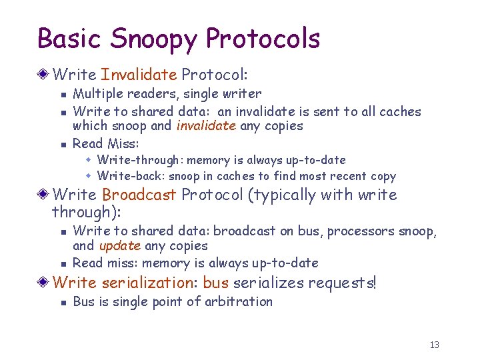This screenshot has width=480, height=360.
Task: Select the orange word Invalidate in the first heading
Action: pos(139,73)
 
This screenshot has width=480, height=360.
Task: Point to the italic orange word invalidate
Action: pos(206,126)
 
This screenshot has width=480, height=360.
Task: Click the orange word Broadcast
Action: pos(139,195)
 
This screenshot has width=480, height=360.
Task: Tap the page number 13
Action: pos(435,345)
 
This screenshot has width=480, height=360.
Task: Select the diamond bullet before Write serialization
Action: pos(43,283)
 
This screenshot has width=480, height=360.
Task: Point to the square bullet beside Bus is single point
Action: pos(61,303)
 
